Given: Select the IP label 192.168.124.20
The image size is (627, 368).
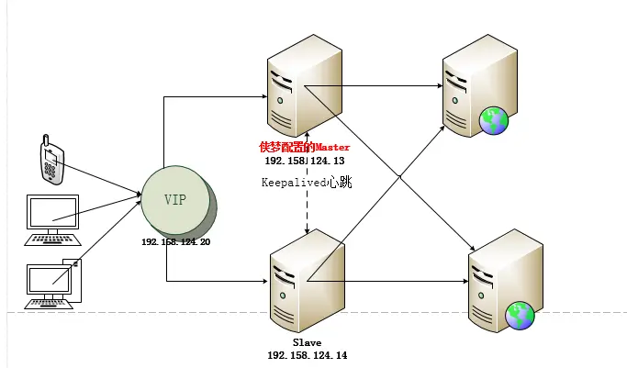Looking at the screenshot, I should [x=176, y=241].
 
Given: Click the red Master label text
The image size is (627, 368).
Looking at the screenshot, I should [x=304, y=147].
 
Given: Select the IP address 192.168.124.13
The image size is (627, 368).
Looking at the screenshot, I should [x=304, y=161].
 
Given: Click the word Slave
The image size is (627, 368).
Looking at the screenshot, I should [x=307, y=341].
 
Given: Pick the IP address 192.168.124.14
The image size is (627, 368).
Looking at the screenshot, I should [x=307, y=354].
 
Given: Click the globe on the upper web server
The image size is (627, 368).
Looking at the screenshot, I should [x=493, y=118].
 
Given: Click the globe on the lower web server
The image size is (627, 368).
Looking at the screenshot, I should [x=521, y=315].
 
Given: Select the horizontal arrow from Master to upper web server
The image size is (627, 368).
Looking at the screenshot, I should [x=376, y=88].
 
